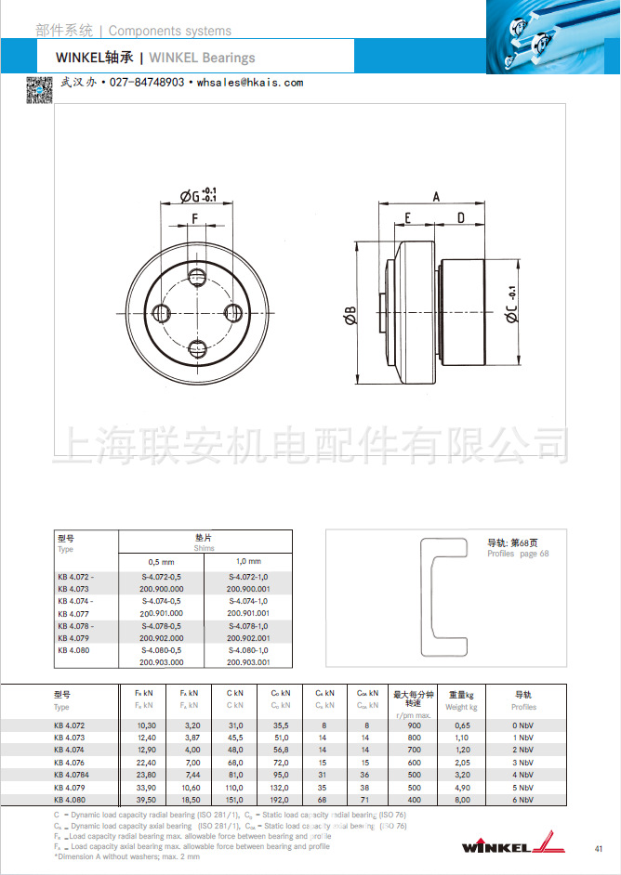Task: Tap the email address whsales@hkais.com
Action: click(250, 83)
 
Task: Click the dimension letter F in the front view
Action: click(195, 219)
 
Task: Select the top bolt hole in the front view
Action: click(196, 276)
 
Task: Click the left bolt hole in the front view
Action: click(160, 311)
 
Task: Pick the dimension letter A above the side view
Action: click(435, 196)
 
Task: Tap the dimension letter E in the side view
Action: click(407, 218)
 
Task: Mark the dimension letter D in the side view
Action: click(460, 218)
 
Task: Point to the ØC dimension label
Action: click(512, 311)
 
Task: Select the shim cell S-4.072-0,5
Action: click(162, 578)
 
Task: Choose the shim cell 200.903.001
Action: click(248, 662)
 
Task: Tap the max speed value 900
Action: click(414, 725)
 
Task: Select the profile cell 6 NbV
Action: click(523, 799)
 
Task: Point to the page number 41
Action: click(598, 848)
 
